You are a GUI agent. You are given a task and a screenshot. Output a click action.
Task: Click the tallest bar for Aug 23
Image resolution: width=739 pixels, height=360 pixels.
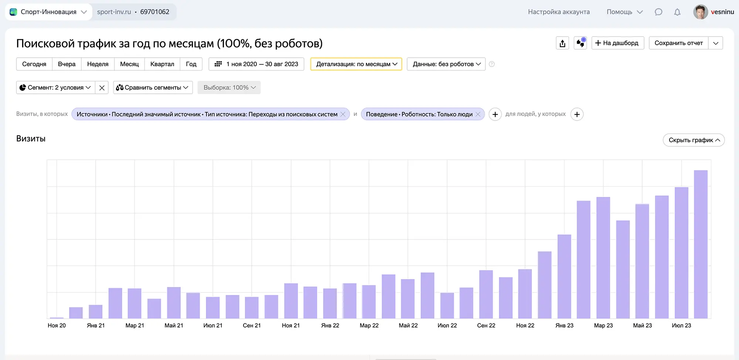(701, 244)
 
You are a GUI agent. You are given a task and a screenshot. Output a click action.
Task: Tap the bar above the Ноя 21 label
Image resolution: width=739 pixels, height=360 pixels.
(291, 301)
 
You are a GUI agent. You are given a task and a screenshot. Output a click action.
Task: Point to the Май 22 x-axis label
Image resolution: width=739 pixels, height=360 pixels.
(408, 325)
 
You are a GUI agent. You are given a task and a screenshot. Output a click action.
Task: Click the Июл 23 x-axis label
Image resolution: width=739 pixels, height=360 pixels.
(681, 325)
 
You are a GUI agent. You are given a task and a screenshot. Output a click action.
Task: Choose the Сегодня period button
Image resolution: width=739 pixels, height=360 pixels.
(34, 64)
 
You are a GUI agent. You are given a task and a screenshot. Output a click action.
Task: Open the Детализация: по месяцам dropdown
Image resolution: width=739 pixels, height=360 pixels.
(356, 64)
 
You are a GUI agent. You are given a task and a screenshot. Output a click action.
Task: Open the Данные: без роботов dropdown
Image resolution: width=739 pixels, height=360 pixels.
(446, 64)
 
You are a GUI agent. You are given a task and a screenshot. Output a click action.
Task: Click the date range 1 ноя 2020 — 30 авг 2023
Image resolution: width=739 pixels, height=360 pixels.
(256, 64)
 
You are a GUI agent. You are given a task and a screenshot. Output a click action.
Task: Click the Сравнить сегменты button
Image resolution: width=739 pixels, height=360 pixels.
(153, 88)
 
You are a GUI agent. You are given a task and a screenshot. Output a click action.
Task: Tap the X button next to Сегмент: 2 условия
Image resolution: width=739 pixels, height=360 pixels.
(102, 88)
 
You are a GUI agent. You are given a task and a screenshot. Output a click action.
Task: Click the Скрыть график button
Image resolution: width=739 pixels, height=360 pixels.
(694, 140)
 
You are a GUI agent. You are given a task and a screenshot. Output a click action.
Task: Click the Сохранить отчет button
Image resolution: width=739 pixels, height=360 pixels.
(678, 43)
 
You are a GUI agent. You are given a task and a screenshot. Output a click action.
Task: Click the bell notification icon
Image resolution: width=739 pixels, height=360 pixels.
(677, 12)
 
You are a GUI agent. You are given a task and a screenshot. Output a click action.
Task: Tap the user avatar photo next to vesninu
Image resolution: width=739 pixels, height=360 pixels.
(700, 12)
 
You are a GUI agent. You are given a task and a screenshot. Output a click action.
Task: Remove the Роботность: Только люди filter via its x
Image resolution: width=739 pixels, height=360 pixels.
(478, 114)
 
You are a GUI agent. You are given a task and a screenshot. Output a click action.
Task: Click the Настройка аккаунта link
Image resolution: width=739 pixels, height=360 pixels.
(559, 12)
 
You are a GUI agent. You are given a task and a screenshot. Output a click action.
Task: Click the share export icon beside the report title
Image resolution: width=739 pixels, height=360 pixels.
(562, 43)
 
